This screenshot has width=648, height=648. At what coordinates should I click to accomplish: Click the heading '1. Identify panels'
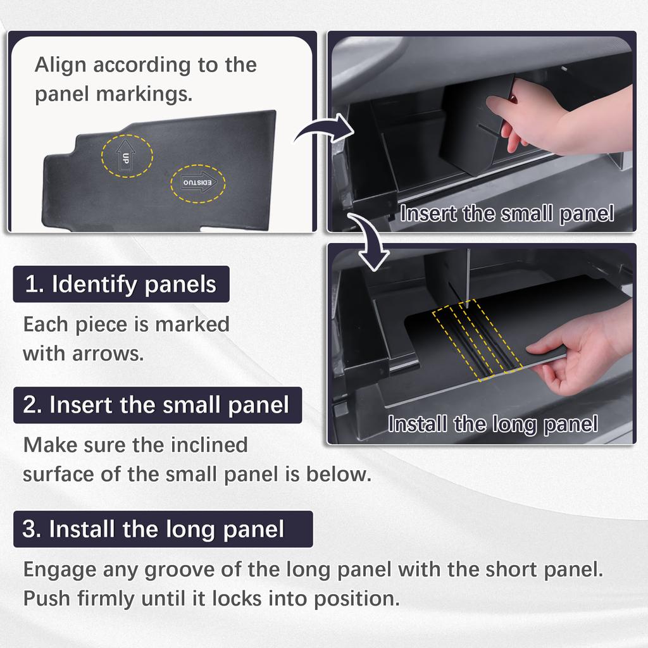[121, 284]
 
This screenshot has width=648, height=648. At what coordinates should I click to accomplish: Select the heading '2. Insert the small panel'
[157, 405]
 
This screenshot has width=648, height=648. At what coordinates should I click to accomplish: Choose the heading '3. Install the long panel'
[163, 529]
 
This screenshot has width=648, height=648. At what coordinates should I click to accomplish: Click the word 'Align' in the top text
[60, 65]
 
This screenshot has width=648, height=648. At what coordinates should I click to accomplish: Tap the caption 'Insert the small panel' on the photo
[507, 214]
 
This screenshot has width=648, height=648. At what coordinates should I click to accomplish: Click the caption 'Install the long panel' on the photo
[493, 425]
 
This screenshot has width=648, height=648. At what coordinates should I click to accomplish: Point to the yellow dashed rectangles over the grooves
[477, 340]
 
